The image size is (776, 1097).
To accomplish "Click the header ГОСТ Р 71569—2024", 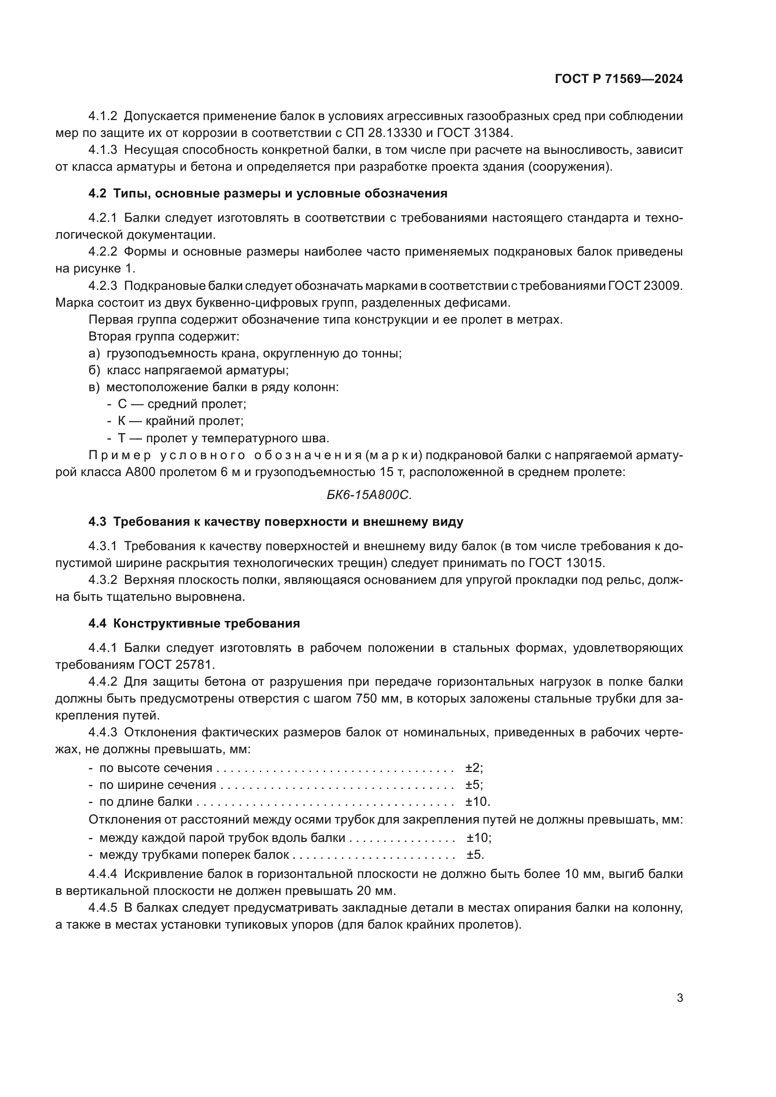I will (x=618, y=79).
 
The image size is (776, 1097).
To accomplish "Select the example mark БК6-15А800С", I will (x=369, y=495).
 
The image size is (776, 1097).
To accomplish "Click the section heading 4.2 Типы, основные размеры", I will (x=267, y=194).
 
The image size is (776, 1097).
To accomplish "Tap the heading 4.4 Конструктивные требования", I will (x=194, y=623).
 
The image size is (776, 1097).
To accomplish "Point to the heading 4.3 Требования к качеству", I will (x=276, y=522).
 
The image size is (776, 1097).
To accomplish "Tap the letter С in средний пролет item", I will (x=122, y=404).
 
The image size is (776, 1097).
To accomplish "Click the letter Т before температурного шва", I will (x=122, y=438).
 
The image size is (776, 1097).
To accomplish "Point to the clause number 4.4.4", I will (x=102, y=874).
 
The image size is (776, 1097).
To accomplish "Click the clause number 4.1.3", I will (x=102, y=150).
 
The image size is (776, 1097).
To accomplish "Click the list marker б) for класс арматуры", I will (x=94, y=371).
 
